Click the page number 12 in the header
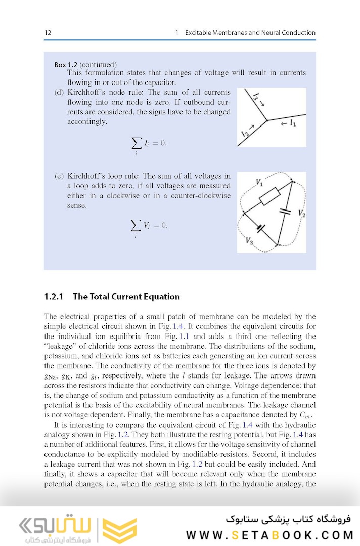pos(48,33)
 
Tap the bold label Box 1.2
pos(66,65)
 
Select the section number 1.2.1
pos(54,297)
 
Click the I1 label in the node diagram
pos(292,123)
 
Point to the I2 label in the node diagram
pos(246,132)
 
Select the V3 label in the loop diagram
pos(249,241)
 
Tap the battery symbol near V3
pos(261,228)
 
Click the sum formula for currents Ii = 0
pos(148,144)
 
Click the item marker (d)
pos(59,93)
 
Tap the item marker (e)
pos(59,176)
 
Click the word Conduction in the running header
pos(297,33)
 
